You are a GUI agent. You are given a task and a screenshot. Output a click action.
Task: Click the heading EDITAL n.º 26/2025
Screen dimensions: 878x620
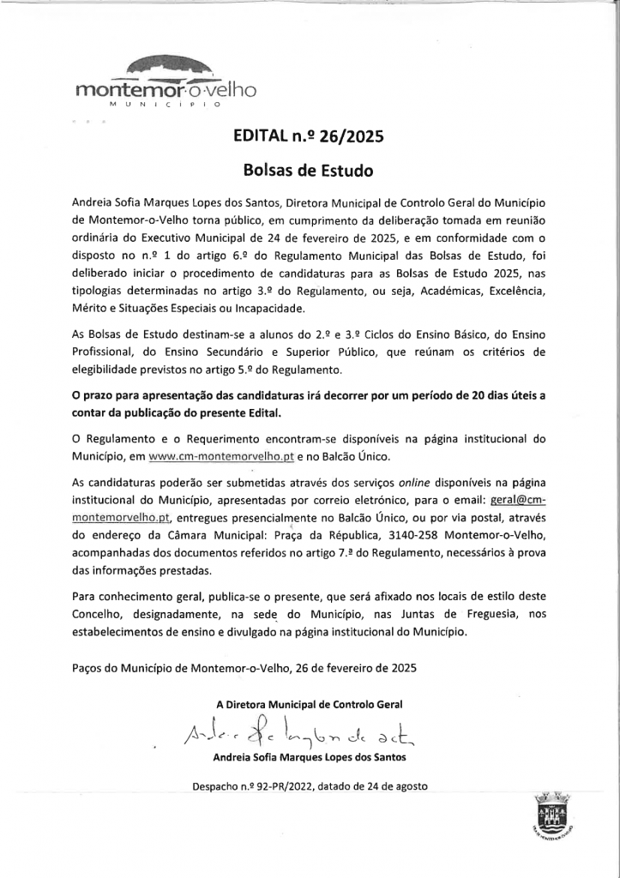(309, 135)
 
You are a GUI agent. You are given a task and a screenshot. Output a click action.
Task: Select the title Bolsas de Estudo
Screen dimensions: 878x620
(309, 170)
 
